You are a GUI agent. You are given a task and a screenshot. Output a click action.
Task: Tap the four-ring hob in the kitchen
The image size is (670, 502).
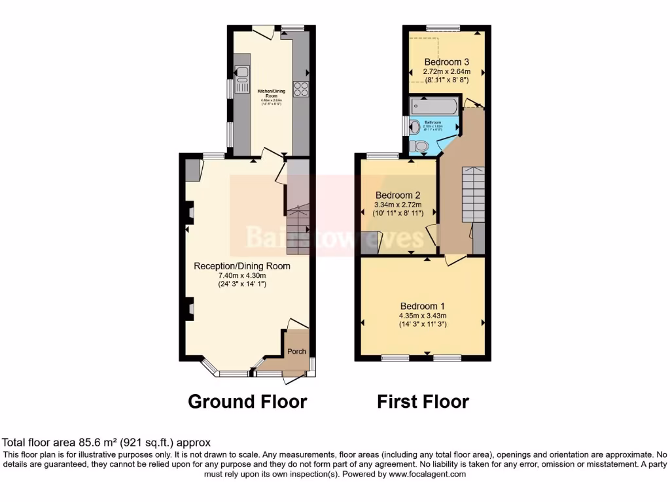tap(302, 89)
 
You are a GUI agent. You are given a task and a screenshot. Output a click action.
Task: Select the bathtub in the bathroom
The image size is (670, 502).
tap(433, 105)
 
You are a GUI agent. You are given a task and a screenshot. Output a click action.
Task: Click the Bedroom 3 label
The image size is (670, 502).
tap(446, 62)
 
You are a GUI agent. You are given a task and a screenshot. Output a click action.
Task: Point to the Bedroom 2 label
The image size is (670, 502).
tap(397, 195)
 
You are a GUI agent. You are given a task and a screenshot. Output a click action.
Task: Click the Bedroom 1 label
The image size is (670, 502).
tap(423, 306)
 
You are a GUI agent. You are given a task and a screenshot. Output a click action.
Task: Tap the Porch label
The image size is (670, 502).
tap(297, 352)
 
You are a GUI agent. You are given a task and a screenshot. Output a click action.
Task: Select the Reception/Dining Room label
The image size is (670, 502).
tap(241, 266)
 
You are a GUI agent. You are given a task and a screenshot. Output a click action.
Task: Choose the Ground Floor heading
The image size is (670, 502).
tap(247, 401)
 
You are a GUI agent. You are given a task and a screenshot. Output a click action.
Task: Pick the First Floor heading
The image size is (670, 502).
tap(423, 401)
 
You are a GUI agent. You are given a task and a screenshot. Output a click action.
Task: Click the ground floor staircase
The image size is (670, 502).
tap(298, 229)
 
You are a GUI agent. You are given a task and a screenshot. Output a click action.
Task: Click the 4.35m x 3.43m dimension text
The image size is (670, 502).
tap(423, 316)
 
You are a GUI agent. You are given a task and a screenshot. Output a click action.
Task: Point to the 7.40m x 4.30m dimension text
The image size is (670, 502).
tap(241, 275)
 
